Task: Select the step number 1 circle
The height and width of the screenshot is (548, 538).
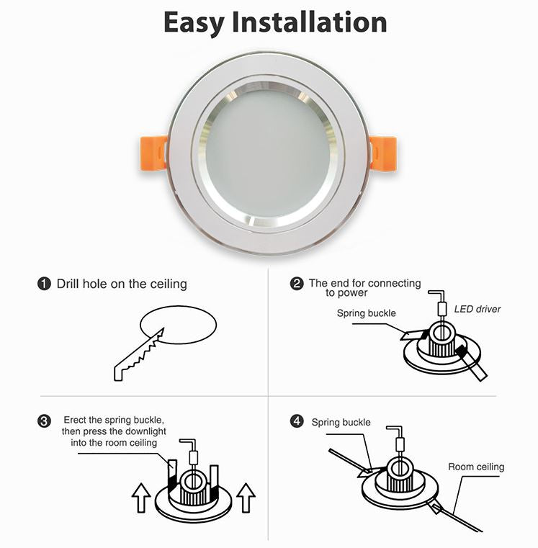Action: click(x=44, y=284)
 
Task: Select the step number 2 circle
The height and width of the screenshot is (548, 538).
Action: click(x=296, y=283)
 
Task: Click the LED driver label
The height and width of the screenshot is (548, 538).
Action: click(x=477, y=309)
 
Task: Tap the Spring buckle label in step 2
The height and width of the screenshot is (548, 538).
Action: click(x=366, y=313)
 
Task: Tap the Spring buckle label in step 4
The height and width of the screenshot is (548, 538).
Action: click(x=341, y=422)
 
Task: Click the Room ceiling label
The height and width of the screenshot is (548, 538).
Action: click(x=476, y=467)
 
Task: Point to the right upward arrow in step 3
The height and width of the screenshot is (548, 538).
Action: click(x=246, y=496)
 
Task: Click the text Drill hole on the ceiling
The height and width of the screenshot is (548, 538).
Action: click(x=122, y=284)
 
